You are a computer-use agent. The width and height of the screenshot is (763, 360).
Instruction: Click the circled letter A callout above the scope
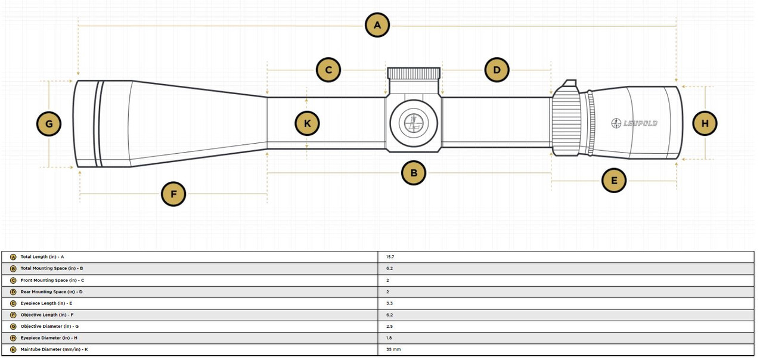coord(377,25)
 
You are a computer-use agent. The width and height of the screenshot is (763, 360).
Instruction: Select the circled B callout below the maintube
coord(414,173)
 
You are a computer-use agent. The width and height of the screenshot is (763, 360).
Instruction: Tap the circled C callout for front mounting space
coord(328,70)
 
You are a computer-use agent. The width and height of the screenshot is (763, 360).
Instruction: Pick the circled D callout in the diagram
coord(497,70)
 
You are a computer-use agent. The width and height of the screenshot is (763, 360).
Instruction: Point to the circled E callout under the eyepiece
coord(614,180)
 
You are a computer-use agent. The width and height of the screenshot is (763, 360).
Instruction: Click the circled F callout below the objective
coord(173,194)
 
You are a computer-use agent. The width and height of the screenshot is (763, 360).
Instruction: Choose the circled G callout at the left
coord(49,124)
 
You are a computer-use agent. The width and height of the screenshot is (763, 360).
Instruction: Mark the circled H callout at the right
coord(705,123)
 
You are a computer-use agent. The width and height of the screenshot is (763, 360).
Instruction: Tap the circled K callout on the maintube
coord(307,123)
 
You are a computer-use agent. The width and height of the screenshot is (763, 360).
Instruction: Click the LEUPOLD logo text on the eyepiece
coord(635,123)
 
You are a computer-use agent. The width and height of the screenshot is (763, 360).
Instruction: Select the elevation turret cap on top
coord(414,73)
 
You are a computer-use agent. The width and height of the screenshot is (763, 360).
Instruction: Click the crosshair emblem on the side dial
coord(414,123)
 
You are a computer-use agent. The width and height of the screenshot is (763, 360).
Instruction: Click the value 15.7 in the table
coord(390,257)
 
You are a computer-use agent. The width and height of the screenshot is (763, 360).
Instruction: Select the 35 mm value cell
coord(393,349)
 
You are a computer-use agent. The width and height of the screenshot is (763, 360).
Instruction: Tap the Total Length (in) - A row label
coord(42,257)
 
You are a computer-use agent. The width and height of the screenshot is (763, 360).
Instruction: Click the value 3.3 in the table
coord(389,303)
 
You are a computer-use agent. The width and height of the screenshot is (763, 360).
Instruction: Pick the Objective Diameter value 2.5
coord(389,327)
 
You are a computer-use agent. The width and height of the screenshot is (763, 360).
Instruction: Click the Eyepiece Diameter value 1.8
coord(389,338)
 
